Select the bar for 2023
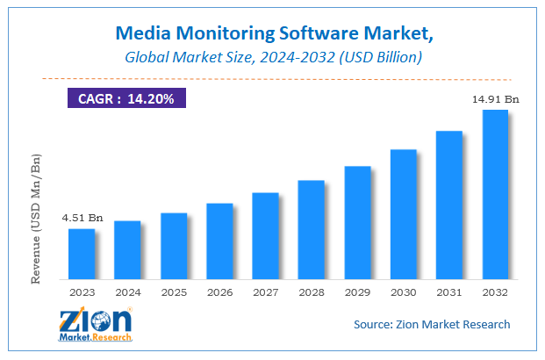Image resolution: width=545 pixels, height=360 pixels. pyautogui.click(x=82, y=254)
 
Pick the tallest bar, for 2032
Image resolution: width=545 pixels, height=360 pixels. pyautogui.click(x=495, y=194)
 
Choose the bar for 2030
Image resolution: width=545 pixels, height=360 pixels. pyautogui.click(x=403, y=214)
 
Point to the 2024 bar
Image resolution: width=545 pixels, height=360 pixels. pyautogui.click(x=127, y=249)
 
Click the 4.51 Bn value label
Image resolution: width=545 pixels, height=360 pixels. pyautogui.click(x=82, y=218)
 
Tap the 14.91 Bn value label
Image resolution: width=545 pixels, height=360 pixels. pyautogui.click(x=496, y=99)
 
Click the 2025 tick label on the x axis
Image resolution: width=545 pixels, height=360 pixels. pyautogui.click(x=174, y=292)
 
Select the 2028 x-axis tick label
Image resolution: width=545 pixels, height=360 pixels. pyautogui.click(x=312, y=292)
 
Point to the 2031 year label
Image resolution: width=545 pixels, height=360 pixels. pyautogui.click(x=449, y=292)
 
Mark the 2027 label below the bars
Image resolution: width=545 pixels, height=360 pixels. pyautogui.click(x=265, y=292)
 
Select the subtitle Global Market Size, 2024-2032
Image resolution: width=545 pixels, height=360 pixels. pyautogui.click(x=272, y=57)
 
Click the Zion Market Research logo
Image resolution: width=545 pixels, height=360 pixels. pyautogui.click(x=95, y=324)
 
